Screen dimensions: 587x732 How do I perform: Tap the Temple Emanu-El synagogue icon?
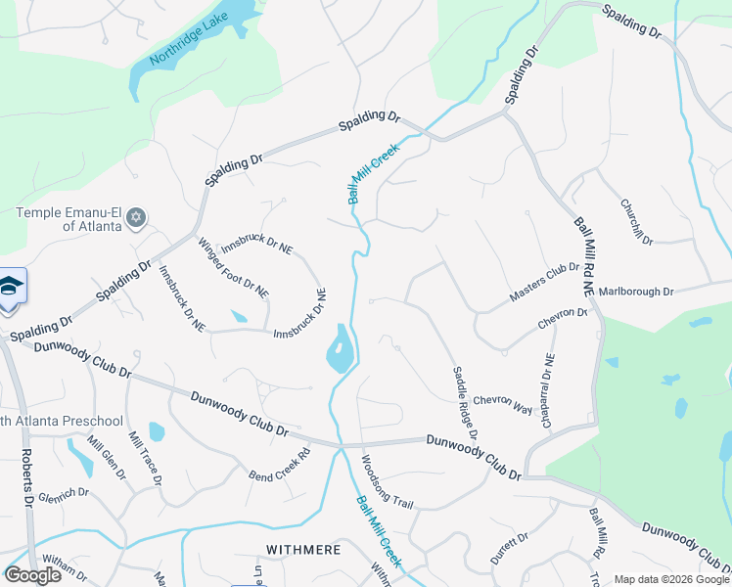pos(137,216)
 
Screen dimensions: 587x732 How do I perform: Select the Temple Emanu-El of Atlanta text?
pos(68,219)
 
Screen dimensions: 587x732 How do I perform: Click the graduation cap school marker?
pos(10,286)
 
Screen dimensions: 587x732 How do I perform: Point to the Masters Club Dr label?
pos(544,282)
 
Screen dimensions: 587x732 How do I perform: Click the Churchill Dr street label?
pos(636,222)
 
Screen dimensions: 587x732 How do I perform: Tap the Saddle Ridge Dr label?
pos(464,395)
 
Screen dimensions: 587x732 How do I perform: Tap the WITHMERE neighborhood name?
pos(304,550)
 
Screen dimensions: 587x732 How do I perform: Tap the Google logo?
pos(33,574)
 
